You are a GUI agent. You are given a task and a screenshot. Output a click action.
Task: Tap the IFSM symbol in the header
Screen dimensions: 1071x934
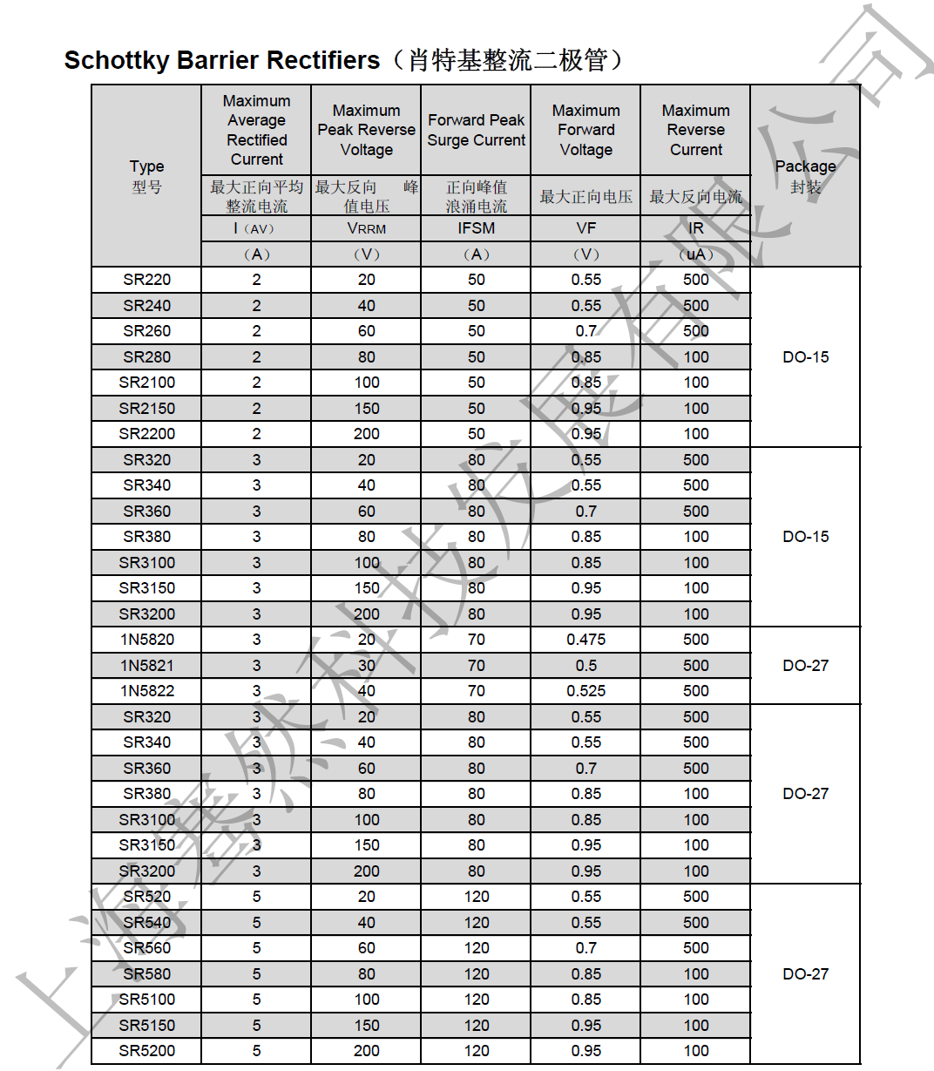coord(476,228)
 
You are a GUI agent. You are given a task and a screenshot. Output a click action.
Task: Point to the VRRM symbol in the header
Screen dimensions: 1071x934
coord(366,228)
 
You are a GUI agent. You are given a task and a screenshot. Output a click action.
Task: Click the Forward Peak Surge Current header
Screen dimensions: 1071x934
coord(476,130)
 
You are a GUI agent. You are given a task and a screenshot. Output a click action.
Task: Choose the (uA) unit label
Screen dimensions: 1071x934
coord(695,254)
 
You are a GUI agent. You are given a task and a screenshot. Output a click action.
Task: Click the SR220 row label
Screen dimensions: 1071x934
coord(146,280)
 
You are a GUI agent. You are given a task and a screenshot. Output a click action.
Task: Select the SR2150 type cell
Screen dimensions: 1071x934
coord(146,409)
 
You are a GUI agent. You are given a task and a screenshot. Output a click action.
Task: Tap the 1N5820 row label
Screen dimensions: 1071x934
coord(146,640)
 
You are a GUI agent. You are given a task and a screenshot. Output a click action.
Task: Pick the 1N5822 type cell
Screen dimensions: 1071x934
coord(146,691)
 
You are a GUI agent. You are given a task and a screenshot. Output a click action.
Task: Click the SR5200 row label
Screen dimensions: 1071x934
coord(146,1051)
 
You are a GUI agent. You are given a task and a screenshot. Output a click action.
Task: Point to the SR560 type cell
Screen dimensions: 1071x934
coord(146,948)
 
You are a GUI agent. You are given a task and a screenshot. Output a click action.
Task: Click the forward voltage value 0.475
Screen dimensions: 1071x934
coord(585,640)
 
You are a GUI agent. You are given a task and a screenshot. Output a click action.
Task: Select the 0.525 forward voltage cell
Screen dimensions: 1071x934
coord(585,691)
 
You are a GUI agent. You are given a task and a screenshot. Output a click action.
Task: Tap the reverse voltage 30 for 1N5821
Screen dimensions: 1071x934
coord(366,666)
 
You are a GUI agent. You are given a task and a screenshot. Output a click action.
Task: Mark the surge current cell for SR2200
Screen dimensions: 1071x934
coord(476,434)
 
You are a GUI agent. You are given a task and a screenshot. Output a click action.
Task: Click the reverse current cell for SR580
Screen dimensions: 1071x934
coord(695,974)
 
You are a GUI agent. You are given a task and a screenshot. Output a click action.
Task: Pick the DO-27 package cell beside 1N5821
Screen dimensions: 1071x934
coord(805,666)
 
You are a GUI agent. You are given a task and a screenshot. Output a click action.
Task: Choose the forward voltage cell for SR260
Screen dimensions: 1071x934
coord(585,331)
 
